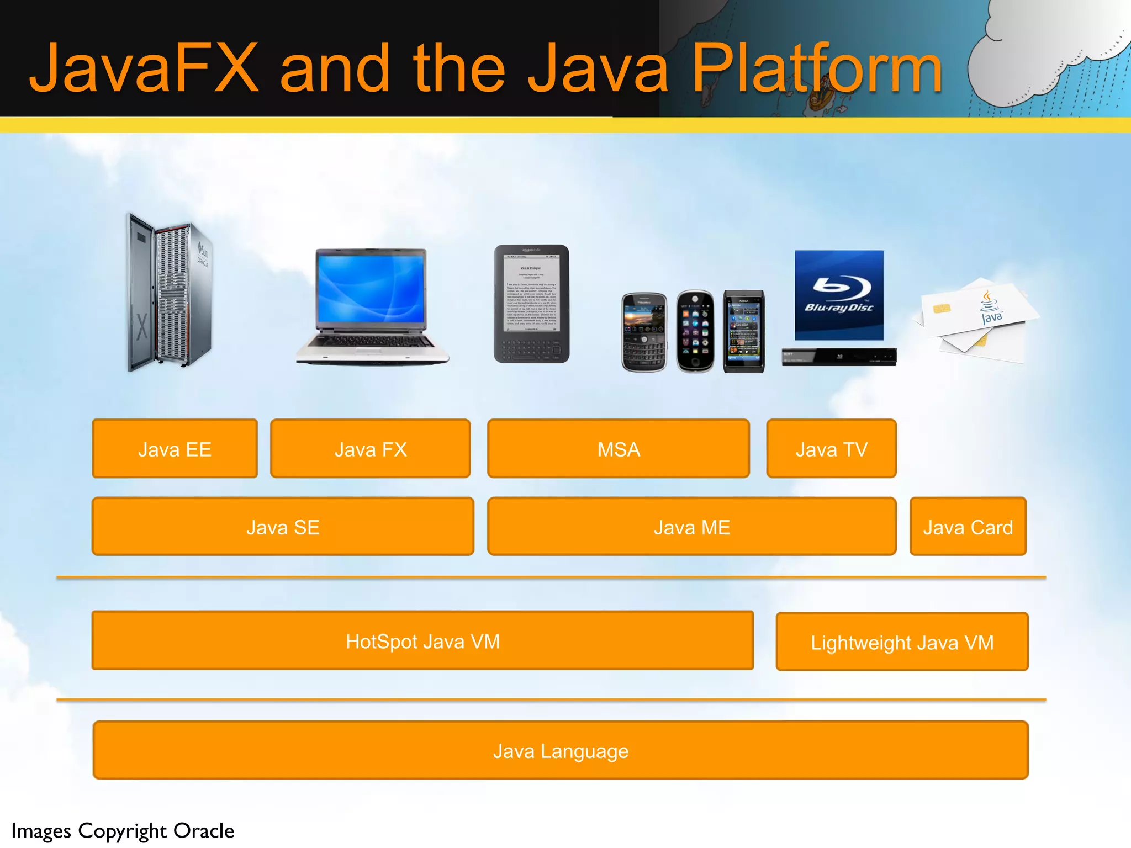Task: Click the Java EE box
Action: coord(175,449)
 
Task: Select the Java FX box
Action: coord(370,449)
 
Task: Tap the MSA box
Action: coord(618,449)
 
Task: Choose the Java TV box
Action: coord(831,449)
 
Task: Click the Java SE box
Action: coord(283,527)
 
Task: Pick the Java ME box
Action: coord(691,527)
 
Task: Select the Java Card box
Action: coord(968,527)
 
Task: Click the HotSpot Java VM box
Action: coord(422,641)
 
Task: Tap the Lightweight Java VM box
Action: coord(902,642)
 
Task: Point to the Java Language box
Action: coord(560,750)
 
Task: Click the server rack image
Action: coord(168,293)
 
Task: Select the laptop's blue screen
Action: coord(371,290)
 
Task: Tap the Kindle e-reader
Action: coord(531,304)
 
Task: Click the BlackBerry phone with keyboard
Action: coord(644,332)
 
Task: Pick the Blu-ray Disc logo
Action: coord(839,295)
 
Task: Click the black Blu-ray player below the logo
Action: coord(839,357)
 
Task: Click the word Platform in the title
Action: coord(816,69)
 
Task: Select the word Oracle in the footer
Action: coord(204,831)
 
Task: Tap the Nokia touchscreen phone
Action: coord(744,331)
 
